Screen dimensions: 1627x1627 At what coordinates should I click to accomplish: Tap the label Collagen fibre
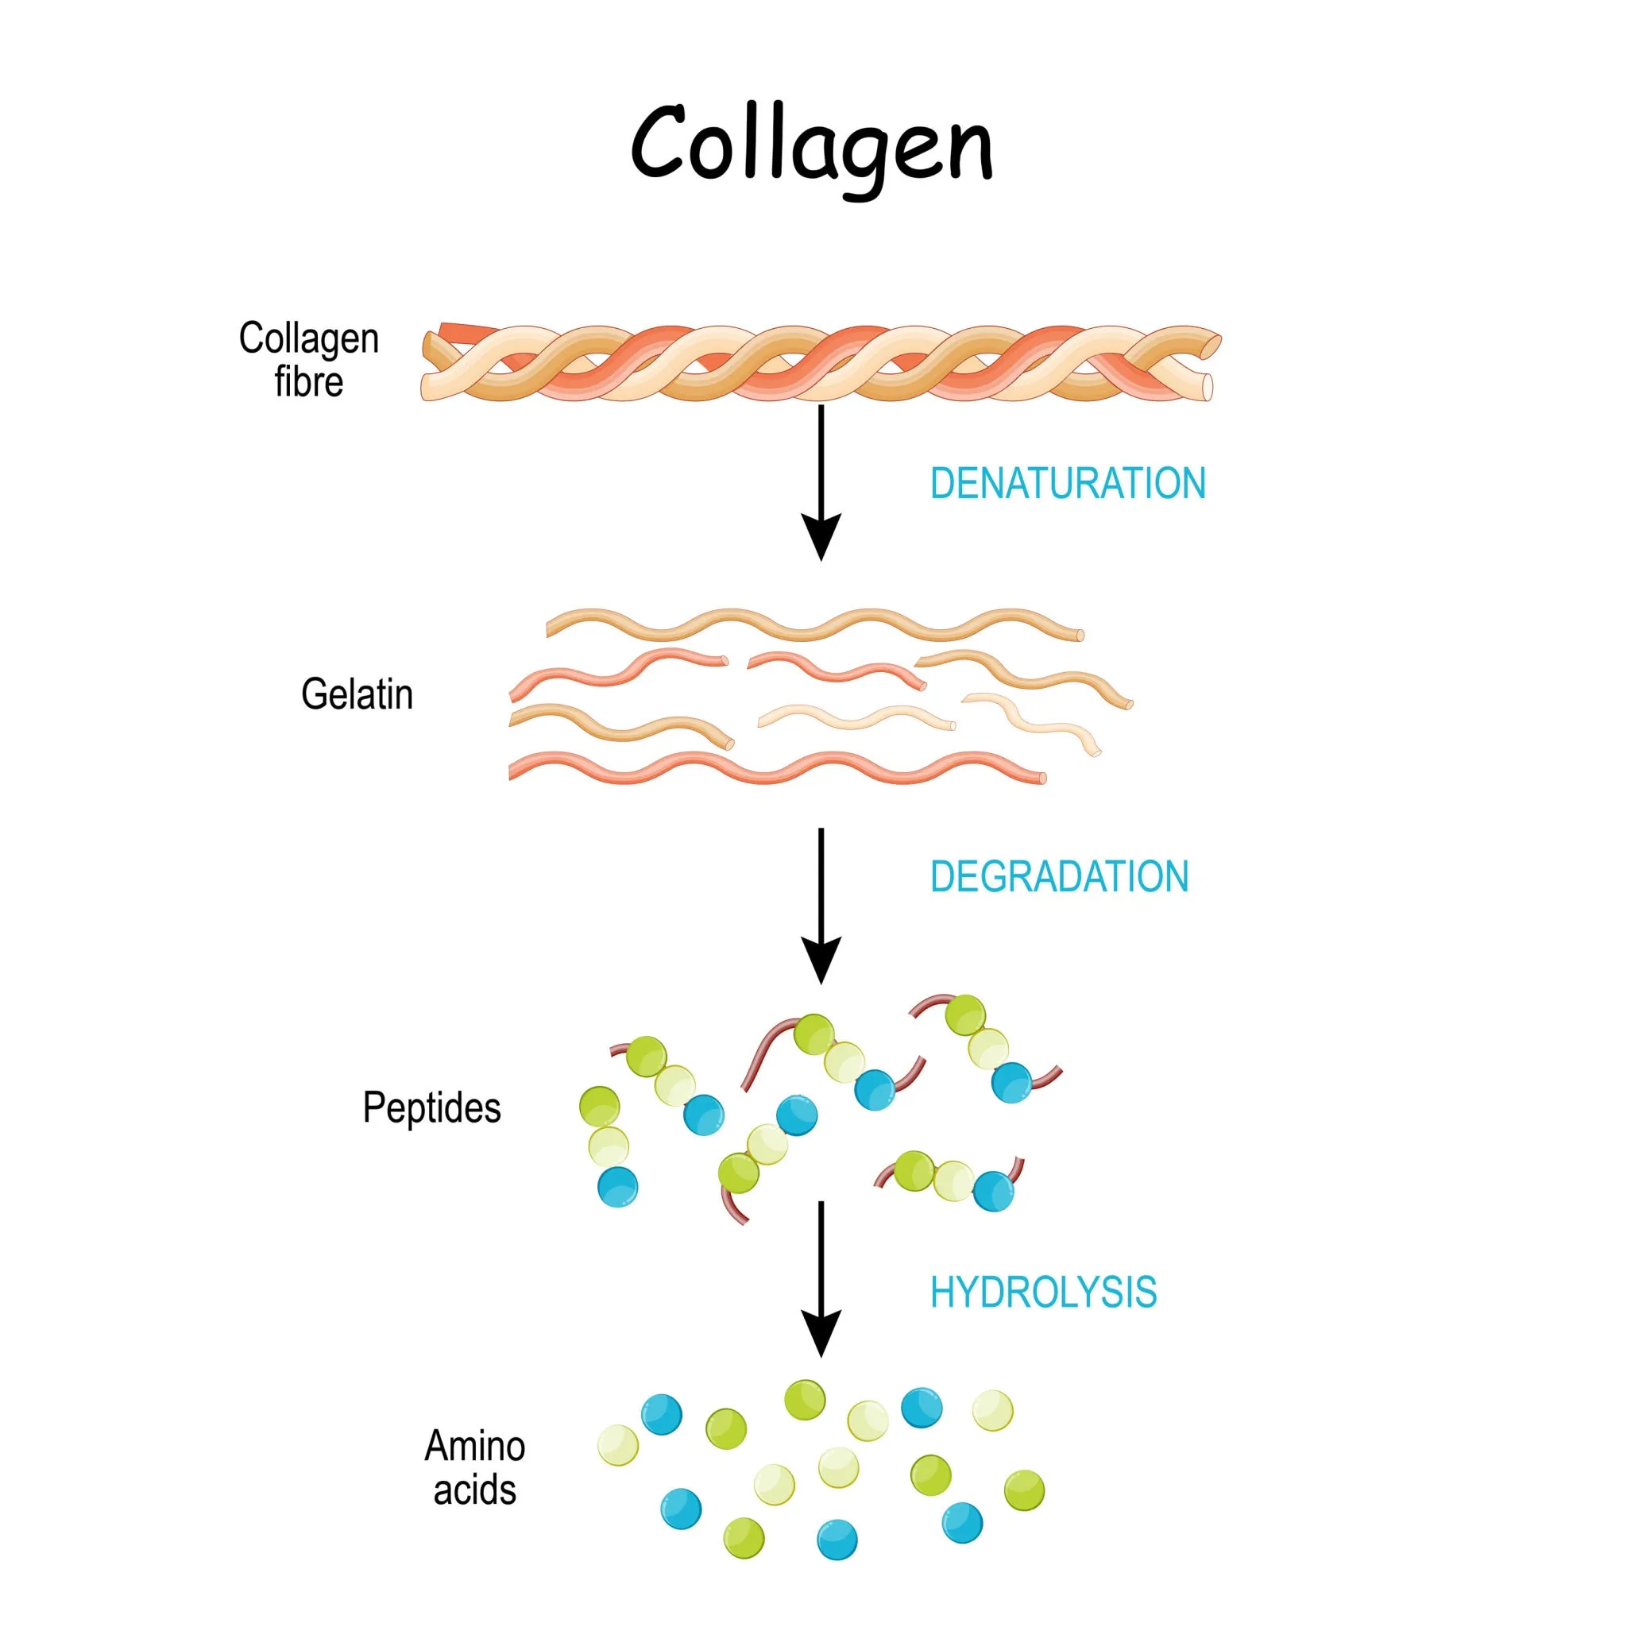[308, 360]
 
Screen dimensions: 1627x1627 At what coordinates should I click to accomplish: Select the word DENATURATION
[1067, 483]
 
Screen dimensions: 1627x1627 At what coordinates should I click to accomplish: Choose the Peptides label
[431, 1107]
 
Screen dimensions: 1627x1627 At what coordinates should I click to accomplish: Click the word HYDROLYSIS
[1042, 1293]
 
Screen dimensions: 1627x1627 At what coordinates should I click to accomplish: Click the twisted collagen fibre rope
[820, 363]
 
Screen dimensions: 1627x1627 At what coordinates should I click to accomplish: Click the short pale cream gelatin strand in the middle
[856, 717]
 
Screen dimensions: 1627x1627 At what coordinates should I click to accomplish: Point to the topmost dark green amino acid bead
[804, 1400]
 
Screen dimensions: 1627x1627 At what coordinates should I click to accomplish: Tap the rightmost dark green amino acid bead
[1024, 1490]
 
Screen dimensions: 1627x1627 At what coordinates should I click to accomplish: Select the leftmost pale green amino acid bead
[618, 1445]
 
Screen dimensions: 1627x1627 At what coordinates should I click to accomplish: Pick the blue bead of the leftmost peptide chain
[617, 1187]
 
